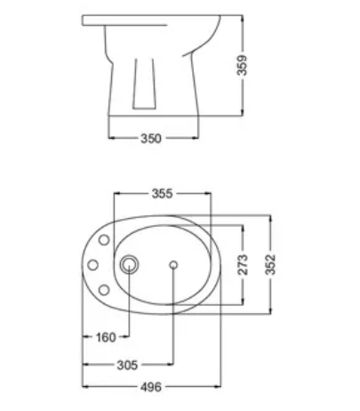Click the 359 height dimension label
point(242,65)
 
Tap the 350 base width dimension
point(151,139)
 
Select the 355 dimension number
point(162,194)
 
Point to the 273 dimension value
point(243,264)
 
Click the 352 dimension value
point(271,264)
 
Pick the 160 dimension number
point(106,337)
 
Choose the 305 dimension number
point(127,365)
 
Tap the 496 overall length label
point(151,387)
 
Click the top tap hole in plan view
point(104,240)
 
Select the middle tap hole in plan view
point(93,265)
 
